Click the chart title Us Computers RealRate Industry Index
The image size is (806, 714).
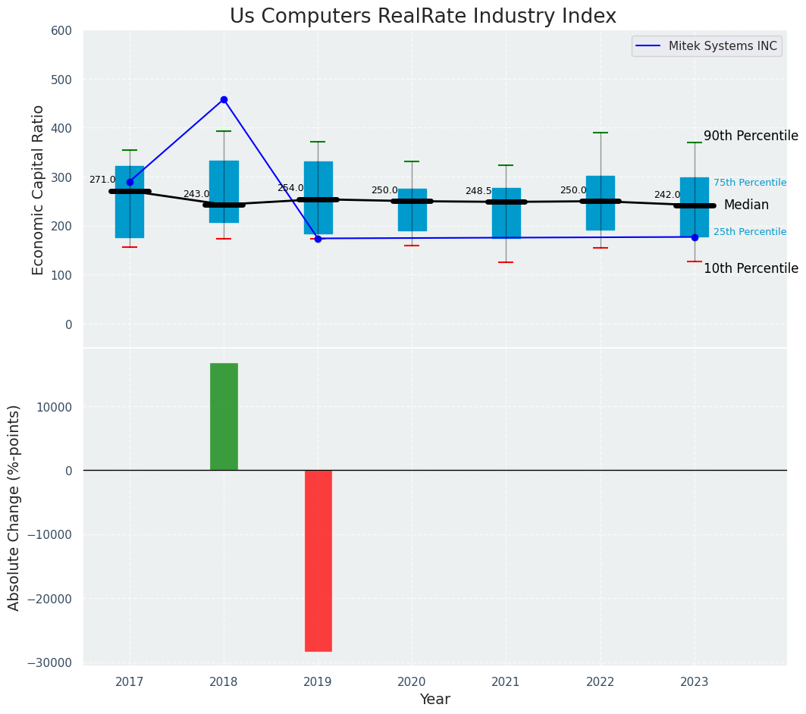point(423,17)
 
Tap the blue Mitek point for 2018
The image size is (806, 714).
point(224,99)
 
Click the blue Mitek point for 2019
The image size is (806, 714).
point(318,239)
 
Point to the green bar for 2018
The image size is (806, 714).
point(224,417)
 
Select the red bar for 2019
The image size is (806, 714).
point(318,560)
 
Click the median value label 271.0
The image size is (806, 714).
point(102,180)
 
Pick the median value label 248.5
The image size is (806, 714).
point(478,192)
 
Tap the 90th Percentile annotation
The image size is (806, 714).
point(751,136)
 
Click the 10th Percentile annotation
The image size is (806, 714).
point(751,269)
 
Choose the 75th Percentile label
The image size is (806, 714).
point(750,183)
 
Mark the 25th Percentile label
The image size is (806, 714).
point(750,232)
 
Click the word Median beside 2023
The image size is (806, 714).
point(746,205)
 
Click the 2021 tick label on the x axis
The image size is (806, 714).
point(506,682)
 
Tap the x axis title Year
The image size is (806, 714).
point(434,700)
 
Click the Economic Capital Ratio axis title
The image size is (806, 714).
point(39,189)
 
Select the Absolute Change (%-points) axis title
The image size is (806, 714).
point(14,507)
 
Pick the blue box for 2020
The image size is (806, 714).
point(412,210)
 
